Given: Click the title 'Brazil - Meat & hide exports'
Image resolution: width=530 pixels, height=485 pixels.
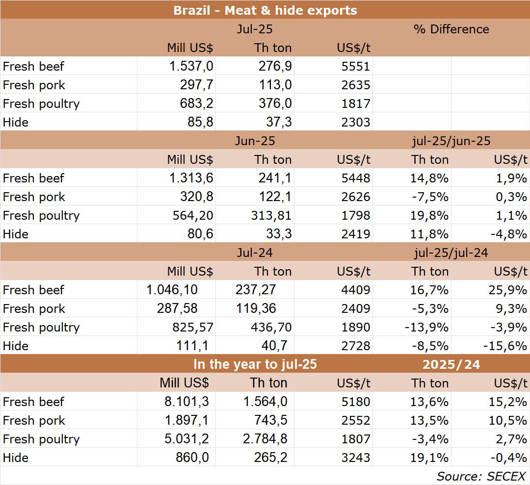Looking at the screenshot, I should click(x=265, y=10).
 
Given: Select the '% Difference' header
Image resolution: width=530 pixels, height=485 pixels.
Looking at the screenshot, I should click(x=451, y=29).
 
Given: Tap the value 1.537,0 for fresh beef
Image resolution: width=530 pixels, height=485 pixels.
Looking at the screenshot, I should click(x=190, y=66).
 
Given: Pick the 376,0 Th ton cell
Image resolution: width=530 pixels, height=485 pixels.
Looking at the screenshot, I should click(x=275, y=103).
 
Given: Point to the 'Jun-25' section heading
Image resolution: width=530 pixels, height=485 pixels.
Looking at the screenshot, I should click(x=255, y=141).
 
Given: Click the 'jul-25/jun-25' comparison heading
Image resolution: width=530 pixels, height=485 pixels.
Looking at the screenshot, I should click(x=451, y=141).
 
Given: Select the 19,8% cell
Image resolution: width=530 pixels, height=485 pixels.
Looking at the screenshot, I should click(x=429, y=215).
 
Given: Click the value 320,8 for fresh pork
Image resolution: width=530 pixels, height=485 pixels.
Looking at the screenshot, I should click(x=197, y=197).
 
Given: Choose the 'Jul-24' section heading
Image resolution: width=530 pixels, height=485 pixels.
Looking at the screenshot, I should click(x=255, y=253).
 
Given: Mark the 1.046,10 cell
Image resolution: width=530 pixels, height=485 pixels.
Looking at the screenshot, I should click(x=172, y=290).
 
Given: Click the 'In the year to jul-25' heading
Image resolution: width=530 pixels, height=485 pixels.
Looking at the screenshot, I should click(x=255, y=364).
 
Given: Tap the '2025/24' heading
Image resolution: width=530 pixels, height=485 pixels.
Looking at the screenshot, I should click(x=451, y=364).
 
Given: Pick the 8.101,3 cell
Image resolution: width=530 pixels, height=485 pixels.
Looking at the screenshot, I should click(x=186, y=402).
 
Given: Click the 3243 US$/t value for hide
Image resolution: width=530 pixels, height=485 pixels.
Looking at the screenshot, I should click(x=356, y=458).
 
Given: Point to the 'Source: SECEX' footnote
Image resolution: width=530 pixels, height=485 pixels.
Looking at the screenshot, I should click(x=481, y=476).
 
